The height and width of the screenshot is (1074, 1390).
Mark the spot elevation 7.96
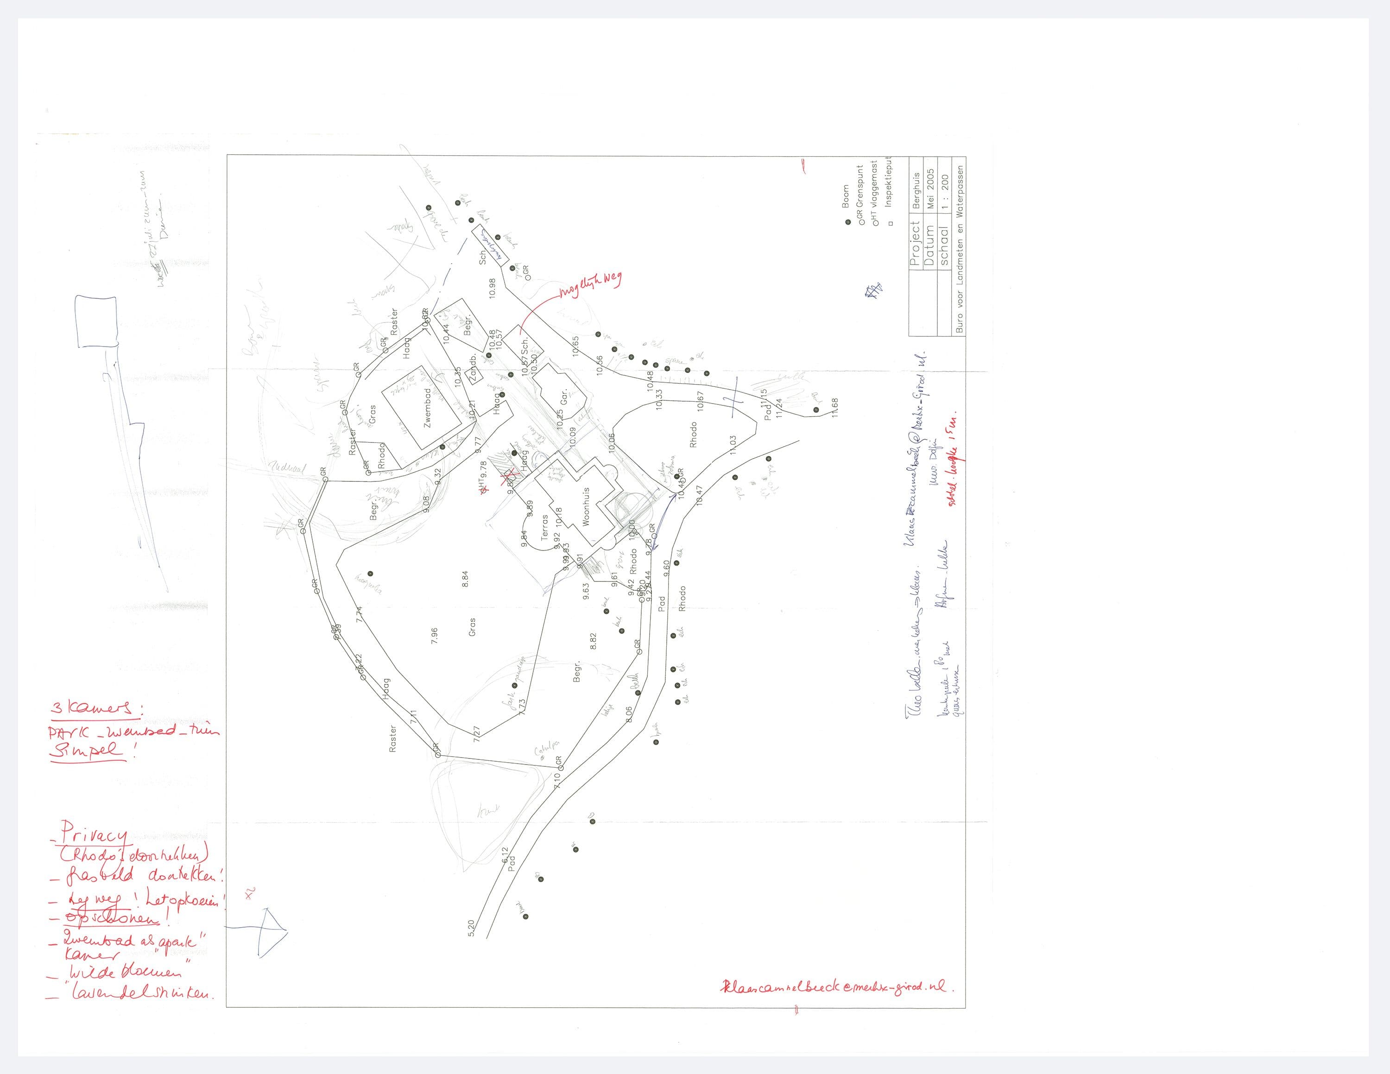click(434, 636)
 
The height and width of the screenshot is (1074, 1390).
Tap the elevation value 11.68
click(834, 407)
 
